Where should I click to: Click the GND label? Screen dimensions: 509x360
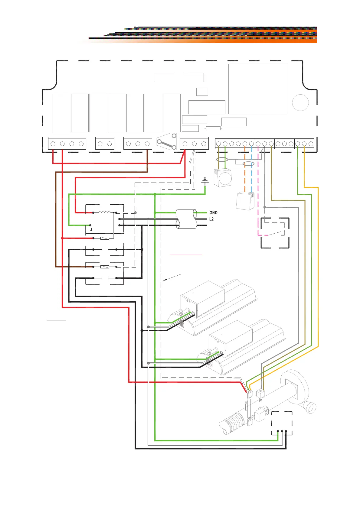[x=213, y=213]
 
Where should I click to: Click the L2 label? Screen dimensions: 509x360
[x=211, y=219]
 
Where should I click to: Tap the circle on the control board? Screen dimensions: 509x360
[x=300, y=102]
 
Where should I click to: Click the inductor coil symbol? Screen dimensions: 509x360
[x=105, y=212]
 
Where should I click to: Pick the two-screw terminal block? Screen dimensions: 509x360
[x=105, y=144]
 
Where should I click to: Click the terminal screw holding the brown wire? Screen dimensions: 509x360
[x=147, y=144]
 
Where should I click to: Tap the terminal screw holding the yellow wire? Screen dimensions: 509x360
[x=304, y=144]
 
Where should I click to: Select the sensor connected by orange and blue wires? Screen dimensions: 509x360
[x=245, y=200]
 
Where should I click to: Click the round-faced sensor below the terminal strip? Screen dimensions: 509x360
[x=223, y=177]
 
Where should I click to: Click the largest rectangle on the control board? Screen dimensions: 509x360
[x=257, y=89]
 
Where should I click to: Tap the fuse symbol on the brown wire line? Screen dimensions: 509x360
[x=105, y=267]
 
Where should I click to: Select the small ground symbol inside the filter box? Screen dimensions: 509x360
[x=91, y=230]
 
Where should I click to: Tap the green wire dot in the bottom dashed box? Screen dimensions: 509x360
[x=278, y=431]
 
